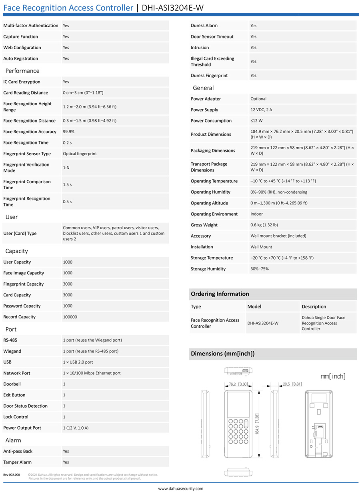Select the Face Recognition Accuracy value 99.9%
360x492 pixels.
[69, 132]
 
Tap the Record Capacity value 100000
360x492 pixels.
[70, 317]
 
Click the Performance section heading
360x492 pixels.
[22, 71]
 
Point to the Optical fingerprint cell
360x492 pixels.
[80, 154]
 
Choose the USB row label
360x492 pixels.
[8, 362]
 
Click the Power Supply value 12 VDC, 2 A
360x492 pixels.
[261, 110]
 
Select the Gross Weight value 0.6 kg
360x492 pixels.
[264, 225]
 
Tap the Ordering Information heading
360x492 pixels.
[220, 294]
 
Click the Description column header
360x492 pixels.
[314, 307]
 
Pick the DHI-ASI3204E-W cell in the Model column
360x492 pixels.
[263, 323]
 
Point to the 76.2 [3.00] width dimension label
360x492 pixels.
[238, 384]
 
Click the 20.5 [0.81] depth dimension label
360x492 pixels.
[292, 384]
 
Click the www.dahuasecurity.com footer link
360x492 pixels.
[180, 488]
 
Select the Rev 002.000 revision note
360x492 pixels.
[12, 475]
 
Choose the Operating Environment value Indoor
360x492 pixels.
[257, 214]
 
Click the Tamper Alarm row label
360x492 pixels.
[18, 462]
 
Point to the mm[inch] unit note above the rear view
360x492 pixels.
[333, 376]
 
